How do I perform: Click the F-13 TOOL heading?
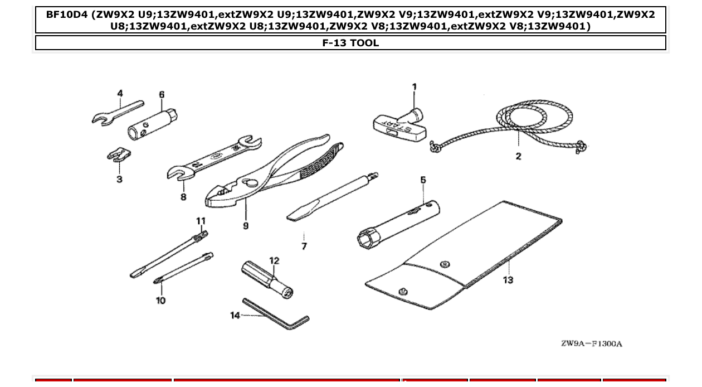[x=350, y=43]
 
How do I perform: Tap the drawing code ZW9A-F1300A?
[x=591, y=344]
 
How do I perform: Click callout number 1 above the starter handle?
[x=414, y=86]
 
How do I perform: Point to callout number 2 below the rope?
[x=518, y=156]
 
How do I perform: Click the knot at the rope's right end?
[x=581, y=147]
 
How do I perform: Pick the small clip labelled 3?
[x=118, y=154]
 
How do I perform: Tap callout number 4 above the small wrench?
[x=120, y=93]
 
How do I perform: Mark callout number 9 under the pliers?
[x=246, y=225]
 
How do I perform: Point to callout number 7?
[x=304, y=246]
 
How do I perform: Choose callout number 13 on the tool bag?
[x=508, y=280]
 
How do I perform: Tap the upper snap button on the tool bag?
[x=445, y=264]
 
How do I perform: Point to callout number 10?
[x=160, y=301]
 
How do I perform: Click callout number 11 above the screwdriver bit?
[x=201, y=221]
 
